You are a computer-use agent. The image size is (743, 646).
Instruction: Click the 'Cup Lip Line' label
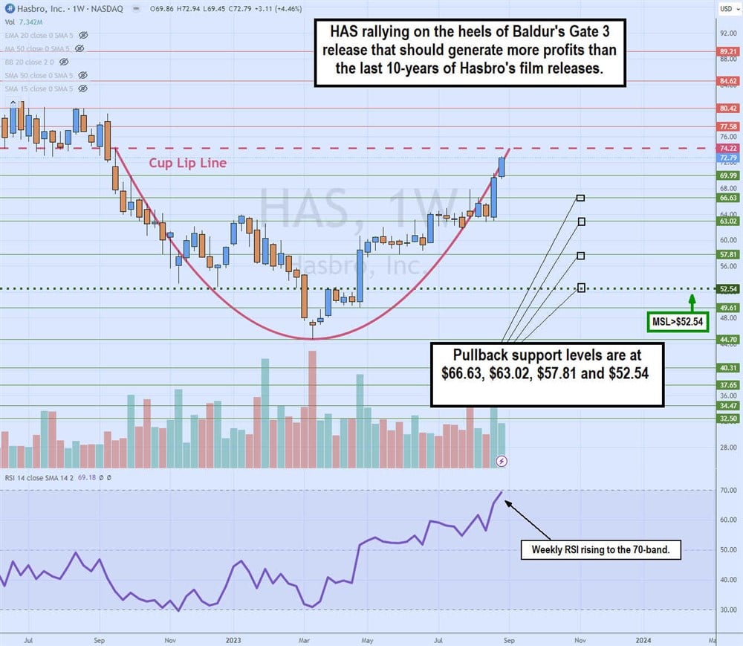click(188, 163)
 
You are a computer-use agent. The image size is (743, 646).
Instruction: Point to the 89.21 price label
click(727, 51)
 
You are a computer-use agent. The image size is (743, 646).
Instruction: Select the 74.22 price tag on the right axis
click(727, 148)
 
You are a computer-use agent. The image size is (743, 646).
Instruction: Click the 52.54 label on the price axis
click(727, 288)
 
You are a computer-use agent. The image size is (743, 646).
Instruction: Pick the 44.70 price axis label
click(727, 340)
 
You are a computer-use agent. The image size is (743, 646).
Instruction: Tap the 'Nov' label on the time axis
click(169, 639)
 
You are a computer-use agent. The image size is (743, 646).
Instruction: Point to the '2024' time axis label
click(644, 639)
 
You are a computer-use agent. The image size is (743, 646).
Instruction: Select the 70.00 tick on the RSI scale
click(727, 491)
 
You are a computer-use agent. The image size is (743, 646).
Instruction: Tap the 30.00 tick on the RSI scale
click(727, 610)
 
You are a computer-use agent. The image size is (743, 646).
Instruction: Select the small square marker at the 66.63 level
click(580, 198)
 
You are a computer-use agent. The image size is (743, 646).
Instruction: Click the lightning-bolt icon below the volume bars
click(502, 462)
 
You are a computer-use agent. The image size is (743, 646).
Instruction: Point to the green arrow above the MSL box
click(691, 300)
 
